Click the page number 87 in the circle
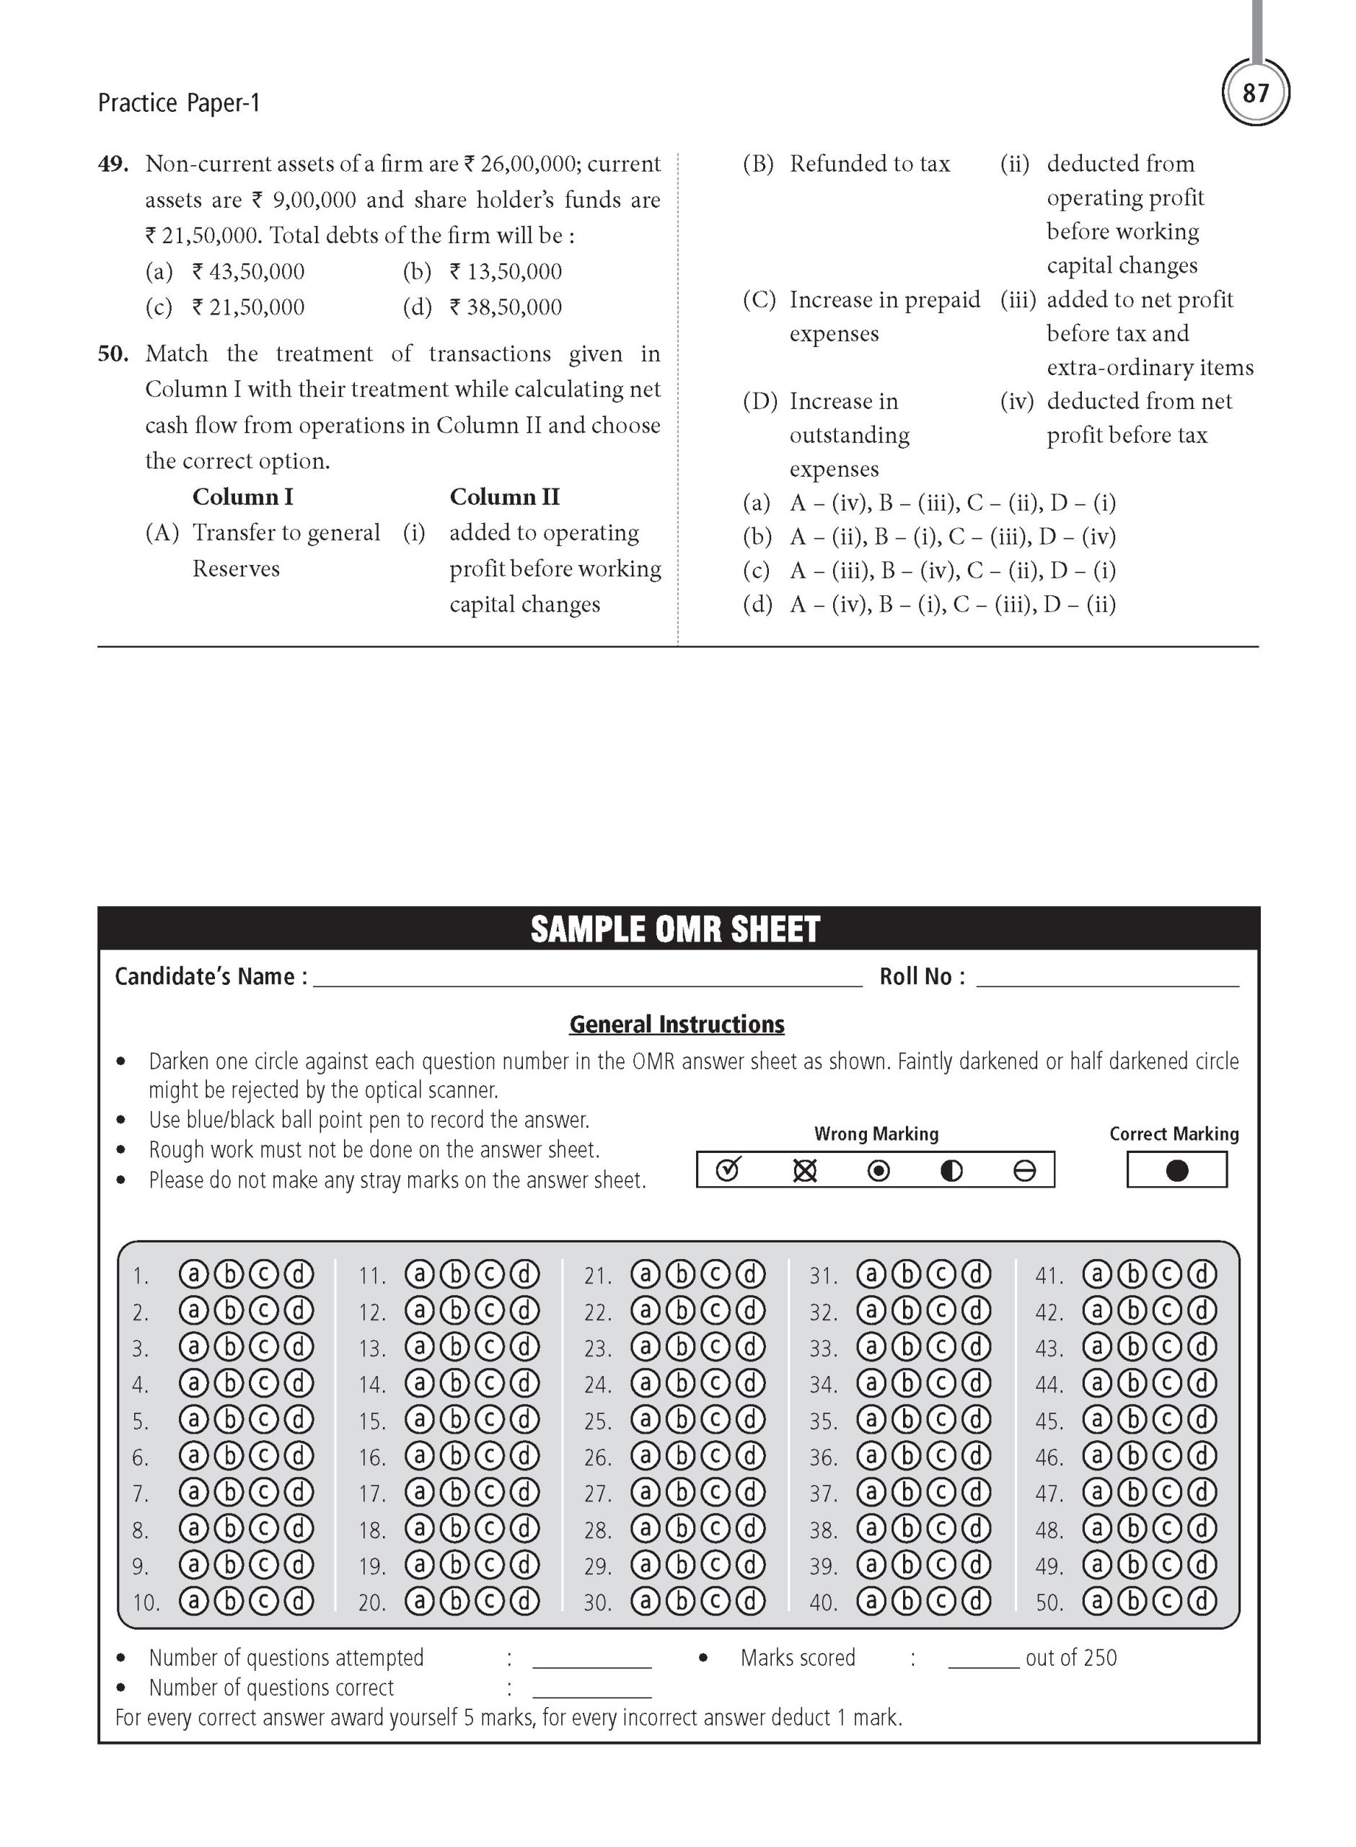[x=1255, y=93]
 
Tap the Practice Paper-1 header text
[x=178, y=103]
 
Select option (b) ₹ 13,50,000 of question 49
[x=483, y=272]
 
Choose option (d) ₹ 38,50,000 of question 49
[x=483, y=308]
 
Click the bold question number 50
[x=113, y=354]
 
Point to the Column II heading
[x=504, y=496]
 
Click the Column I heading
[x=242, y=496]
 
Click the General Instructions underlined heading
[x=677, y=1025]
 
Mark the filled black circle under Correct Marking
[x=1176, y=1170]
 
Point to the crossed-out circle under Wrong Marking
[x=804, y=1170]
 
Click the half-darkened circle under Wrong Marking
[x=951, y=1170]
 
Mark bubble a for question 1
[x=194, y=1274]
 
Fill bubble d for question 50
[x=1202, y=1601]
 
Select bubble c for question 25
[x=715, y=1419]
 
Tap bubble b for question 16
[x=454, y=1455]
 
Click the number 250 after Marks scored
[x=1099, y=1658]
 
